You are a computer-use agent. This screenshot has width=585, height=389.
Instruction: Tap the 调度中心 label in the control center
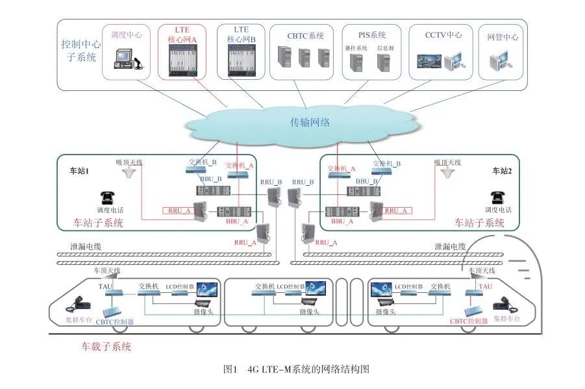(x=127, y=34)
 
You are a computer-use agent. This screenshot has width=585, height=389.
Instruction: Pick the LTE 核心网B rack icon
(x=241, y=60)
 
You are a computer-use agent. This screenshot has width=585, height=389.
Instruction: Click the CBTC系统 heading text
(x=306, y=36)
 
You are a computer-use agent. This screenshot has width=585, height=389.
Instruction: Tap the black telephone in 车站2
(x=498, y=197)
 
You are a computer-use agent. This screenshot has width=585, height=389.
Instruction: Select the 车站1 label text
(x=82, y=172)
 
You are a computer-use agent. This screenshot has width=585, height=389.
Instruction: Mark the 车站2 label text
(x=502, y=173)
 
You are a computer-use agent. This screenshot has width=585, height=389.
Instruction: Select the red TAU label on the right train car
(x=485, y=286)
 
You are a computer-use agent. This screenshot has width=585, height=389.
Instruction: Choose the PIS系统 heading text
(x=372, y=35)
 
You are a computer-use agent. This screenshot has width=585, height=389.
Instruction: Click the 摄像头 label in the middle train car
(x=310, y=312)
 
